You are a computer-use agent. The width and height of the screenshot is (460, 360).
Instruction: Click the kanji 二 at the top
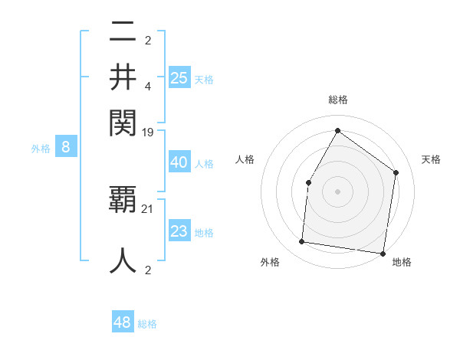click(x=123, y=33)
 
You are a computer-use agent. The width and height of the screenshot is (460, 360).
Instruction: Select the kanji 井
click(x=123, y=77)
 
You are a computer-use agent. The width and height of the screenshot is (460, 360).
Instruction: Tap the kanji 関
click(x=123, y=122)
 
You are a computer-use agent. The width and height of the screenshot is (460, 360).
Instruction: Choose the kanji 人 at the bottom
click(x=123, y=260)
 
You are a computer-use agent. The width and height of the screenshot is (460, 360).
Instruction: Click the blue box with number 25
click(x=179, y=77)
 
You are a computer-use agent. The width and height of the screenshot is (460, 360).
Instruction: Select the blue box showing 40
click(x=179, y=162)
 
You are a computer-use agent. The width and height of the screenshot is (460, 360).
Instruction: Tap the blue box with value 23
click(x=179, y=231)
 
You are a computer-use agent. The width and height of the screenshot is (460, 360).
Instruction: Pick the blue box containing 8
click(x=66, y=148)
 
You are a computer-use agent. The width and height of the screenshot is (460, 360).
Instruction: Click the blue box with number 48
click(x=122, y=322)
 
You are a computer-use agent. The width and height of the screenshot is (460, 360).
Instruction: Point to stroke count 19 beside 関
click(x=148, y=133)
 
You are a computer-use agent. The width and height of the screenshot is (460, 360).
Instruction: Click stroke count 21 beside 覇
click(x=148, y=209)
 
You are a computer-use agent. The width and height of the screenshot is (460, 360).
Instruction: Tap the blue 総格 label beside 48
click(x=147, y=324)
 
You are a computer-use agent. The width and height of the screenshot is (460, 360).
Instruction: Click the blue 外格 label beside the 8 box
click(x=41, y=149)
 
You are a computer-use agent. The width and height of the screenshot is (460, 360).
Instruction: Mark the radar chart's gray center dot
click(x=337, y=191)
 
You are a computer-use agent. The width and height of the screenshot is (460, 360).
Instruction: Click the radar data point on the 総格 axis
click(x=337, y=130)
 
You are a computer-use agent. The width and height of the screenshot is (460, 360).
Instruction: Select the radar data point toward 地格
click(x=383, y=253)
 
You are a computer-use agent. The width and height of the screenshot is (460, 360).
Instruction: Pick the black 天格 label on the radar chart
click(x=432, y=159)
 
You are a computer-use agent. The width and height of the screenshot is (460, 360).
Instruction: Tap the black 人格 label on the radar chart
click(x=245, y=159)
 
